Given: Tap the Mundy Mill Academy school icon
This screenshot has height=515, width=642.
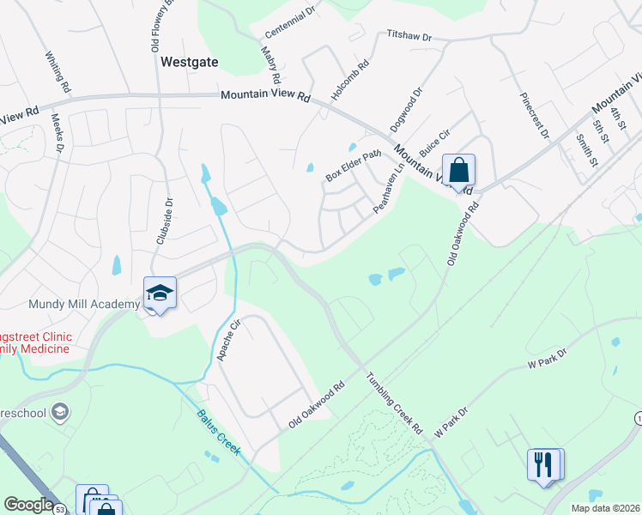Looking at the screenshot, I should pyautogui.click(x=160, y=293).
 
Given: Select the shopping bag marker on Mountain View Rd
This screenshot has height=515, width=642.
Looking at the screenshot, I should pyautogui.click(x=458, y=170).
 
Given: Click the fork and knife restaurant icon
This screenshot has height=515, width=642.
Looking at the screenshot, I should pyautogui.click(x=543, y=464).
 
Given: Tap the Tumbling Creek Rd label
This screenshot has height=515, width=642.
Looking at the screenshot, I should pyautogui.click(x=396, y=402).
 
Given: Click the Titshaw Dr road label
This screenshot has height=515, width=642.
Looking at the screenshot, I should pyautogui.click(x=409, y=37).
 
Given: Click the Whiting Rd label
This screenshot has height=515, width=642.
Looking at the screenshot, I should pyautogui.click(x=57, y=70).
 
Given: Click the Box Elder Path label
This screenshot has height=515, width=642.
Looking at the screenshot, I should pyautogui.click(x=352, y=166).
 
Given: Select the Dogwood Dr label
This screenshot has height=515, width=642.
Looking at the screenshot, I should pyautogui.click(x=406, y=108).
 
